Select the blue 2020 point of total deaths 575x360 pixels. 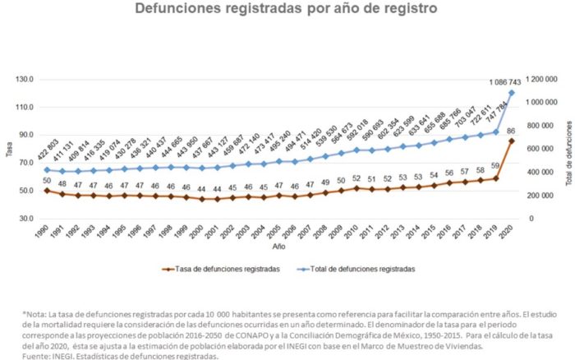(512, 92)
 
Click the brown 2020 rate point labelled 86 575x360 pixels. (512, 141)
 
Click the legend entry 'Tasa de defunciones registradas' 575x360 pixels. (233, 269)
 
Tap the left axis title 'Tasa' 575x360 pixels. (9, 150)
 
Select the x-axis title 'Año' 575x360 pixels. (279, 247)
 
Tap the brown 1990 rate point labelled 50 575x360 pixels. (46, 191)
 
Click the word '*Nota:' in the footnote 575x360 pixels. (36, 314)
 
